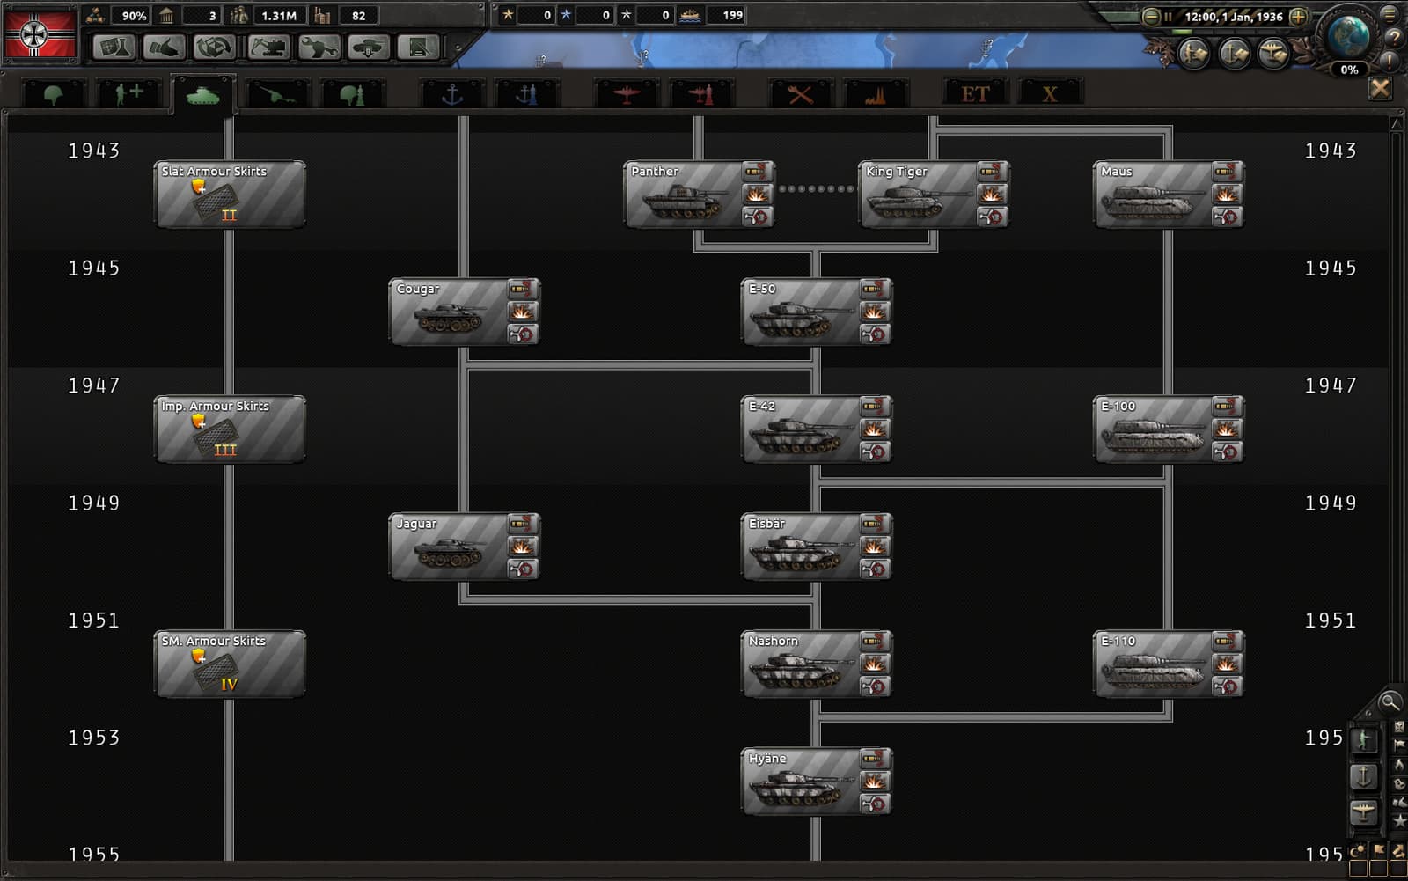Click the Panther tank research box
(x=699, y=194)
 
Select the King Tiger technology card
(x=934, y=194)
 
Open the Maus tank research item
(x=1169, y=194)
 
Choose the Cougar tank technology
(x=465, y=312)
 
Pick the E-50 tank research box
(x=817, y=312)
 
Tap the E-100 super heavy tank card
(x=1169, y=429)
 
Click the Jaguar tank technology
(x=465, y=547)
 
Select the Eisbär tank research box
(x=817, y=547)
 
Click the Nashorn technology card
(x=817, y=664)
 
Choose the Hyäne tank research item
(x=817, y=782)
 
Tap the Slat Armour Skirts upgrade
(x=230, y=194)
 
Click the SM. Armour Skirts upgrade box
(x=230, y=664)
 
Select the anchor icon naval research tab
(x=452, y=94)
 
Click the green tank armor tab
(x=203, y=95)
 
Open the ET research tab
(x=975, y=94)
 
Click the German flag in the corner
(x=40, y=33)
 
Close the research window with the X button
(x=1380, y=89)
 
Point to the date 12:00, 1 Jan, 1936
(x=1233, y=17)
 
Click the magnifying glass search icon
(x=1390, y=701)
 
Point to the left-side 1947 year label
(x=94, y=385)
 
